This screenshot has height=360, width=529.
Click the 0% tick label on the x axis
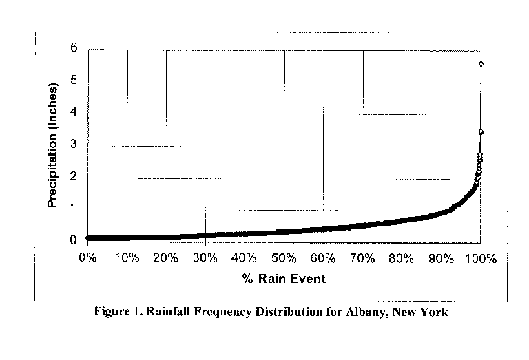pos(87,259)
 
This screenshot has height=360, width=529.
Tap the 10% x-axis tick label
pos(127,259)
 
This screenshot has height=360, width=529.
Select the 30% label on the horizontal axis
pos(205,259)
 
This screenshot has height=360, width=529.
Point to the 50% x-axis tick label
pos(284,259)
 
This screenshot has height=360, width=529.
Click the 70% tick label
pos(362,259)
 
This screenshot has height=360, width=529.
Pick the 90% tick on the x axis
pos(441,259)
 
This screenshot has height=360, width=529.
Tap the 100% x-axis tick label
pos(480,259)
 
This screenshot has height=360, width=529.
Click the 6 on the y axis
pos(73,49)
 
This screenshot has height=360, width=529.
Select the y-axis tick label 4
pos(73,113)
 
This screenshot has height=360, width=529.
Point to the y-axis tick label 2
pos(73,177)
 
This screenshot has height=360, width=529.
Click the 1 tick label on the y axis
pos(73,209)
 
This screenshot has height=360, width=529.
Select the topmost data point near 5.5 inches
pos(481,64)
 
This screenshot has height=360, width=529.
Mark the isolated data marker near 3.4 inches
pos(481,131)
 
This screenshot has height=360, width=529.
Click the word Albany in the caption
pos(363,312)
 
